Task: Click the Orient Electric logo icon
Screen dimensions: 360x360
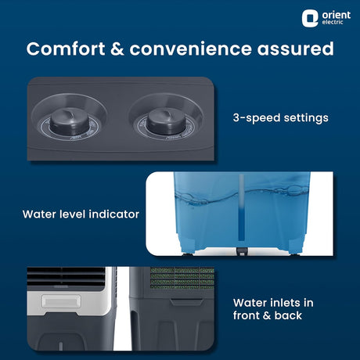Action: coord(311,18)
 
